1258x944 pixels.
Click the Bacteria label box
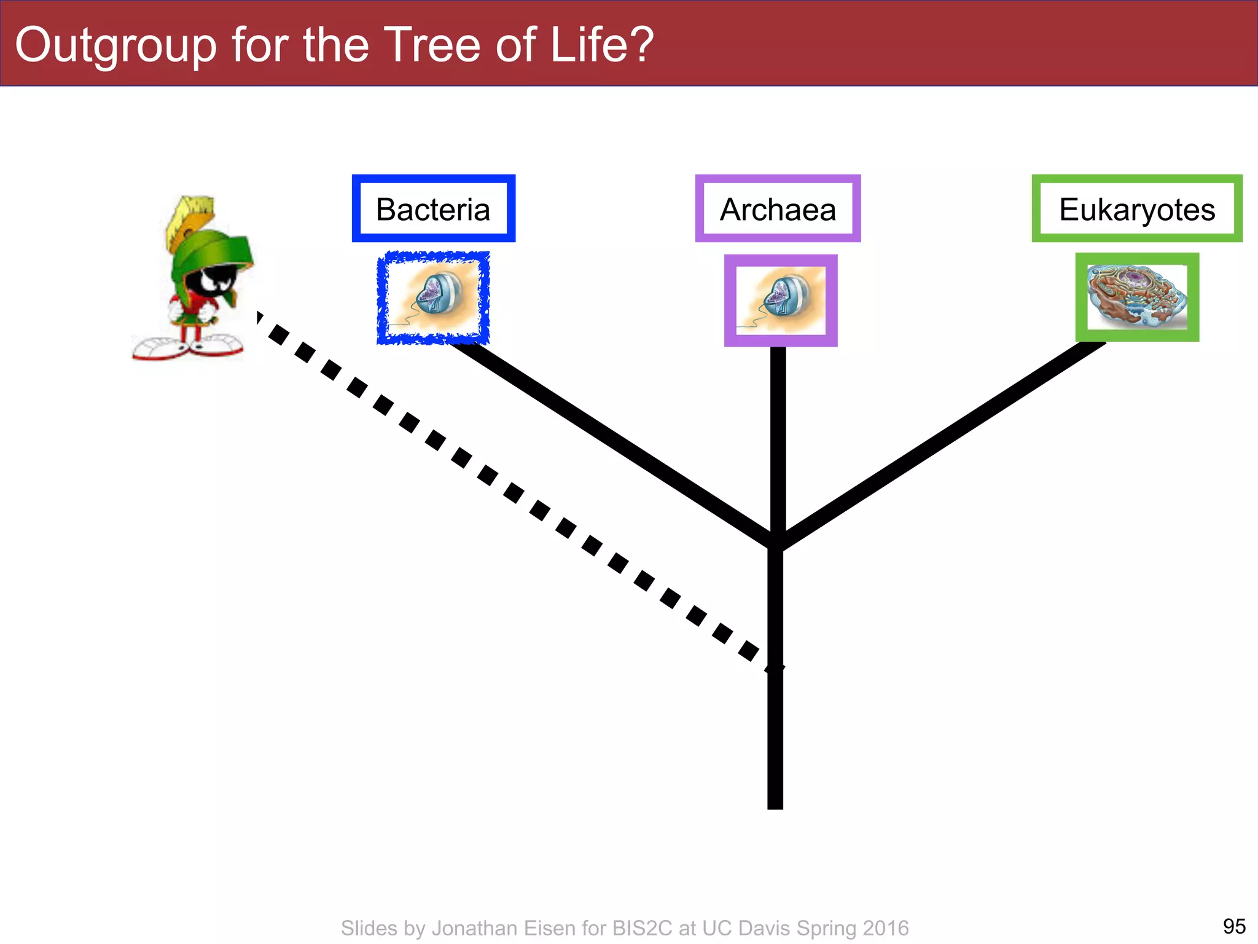point(433,209)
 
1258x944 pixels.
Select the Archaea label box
point(778,209)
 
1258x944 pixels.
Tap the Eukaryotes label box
point(1136,209)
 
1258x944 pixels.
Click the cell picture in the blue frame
point(433,297)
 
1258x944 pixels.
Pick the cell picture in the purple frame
point(780,300)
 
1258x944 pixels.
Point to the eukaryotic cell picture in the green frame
point(1136,297)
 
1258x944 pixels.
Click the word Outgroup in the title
point(115,45)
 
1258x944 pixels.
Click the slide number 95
point(1234,926)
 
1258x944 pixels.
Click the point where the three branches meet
point(776,541)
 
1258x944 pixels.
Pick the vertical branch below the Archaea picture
point(778,436)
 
